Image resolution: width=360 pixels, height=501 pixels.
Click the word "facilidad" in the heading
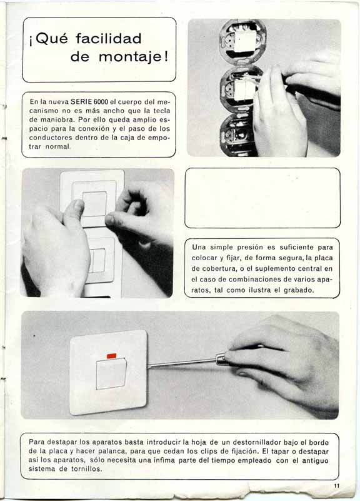click(x=109, y=39)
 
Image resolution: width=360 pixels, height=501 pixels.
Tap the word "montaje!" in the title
click(x=133, y=57)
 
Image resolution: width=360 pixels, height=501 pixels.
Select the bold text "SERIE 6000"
click(x=89, y=101)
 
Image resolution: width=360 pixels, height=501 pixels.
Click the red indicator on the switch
click(x=112, y=355)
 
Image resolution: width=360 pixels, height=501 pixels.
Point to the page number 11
click(x=337, y=486)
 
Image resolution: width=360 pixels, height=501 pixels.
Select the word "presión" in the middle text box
click(x=250, y=247)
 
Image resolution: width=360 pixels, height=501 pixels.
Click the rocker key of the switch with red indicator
click(x=111, y=374)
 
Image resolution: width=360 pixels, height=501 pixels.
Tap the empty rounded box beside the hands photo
click(x=262, y=198)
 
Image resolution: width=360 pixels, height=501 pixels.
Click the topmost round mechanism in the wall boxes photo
click(x=242, y=41)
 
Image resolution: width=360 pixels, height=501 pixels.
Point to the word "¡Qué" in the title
click(x=48, y=39)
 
